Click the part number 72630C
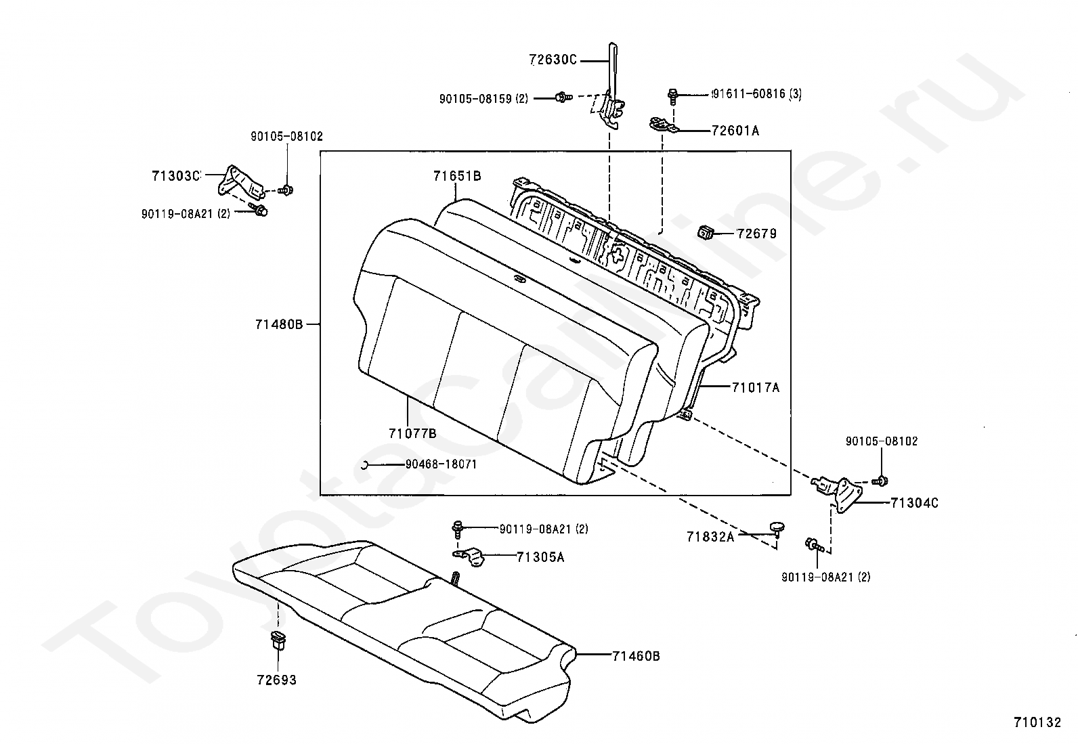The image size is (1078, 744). click(x=553, y=60)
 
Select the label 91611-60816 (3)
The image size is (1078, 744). click(x=756, y=94)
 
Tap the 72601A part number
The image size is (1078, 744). click(x=735, y=131)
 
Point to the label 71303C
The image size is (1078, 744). click(x=176, y=176)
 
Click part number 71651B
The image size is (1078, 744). click(x=457, y=176)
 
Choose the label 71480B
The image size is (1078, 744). click(x=279, y=324)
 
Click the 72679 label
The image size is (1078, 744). click(x=756, y=234)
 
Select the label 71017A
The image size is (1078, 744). click(x=756, y=387)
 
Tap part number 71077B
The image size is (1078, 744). click(x=412, y=433)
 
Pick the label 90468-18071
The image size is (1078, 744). click(x=441, y=465)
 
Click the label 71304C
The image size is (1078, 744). click(x=914, y=503)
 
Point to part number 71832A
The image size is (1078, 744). click(x=710, y=537)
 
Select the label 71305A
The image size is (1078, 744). click(x=540, y=557)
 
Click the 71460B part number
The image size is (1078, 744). click(x=636, y=656)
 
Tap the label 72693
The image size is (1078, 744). click(x=276, y=680)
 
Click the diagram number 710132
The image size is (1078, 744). click(x=1037, y=722)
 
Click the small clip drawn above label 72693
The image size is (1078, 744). click(x=278, y=640)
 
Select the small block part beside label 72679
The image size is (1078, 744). click(x=706, y=234)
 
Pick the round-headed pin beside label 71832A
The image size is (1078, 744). click(x=775, y=527)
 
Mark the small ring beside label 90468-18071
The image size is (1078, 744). click(x=364, y=464)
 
